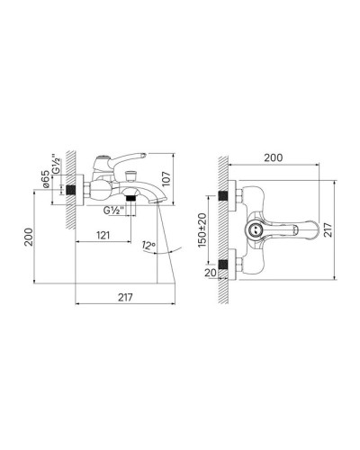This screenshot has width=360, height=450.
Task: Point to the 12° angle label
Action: [148, 245]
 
